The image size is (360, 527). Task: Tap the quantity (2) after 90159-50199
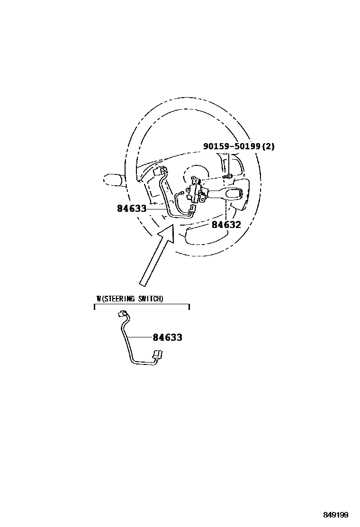pos(269,146)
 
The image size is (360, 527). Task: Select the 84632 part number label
pos(226,225)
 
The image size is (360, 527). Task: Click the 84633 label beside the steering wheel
pos(132,208)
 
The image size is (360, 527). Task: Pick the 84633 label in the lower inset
pos(167,337)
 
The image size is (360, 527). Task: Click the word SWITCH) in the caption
pos(151,299)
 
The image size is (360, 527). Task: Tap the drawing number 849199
pos(336,515)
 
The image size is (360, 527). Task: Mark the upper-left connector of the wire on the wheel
pos(159,171)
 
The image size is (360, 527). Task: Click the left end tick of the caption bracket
pos(95,307)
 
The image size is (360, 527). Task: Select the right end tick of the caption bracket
pos(189,307)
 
